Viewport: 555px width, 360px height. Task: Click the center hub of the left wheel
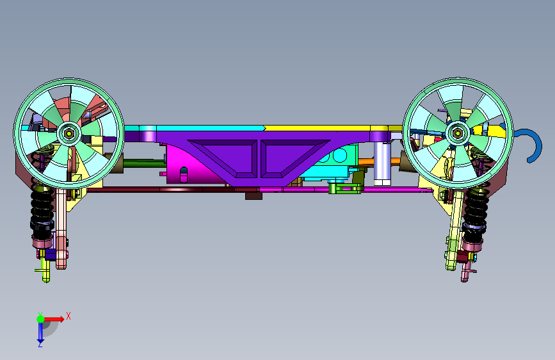[69, 134]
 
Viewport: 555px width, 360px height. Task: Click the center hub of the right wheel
[458, 133]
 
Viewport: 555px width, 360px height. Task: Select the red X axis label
[68, 316]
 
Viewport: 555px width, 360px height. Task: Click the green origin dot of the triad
[41, 319]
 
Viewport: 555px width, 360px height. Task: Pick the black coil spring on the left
[42, 209]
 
